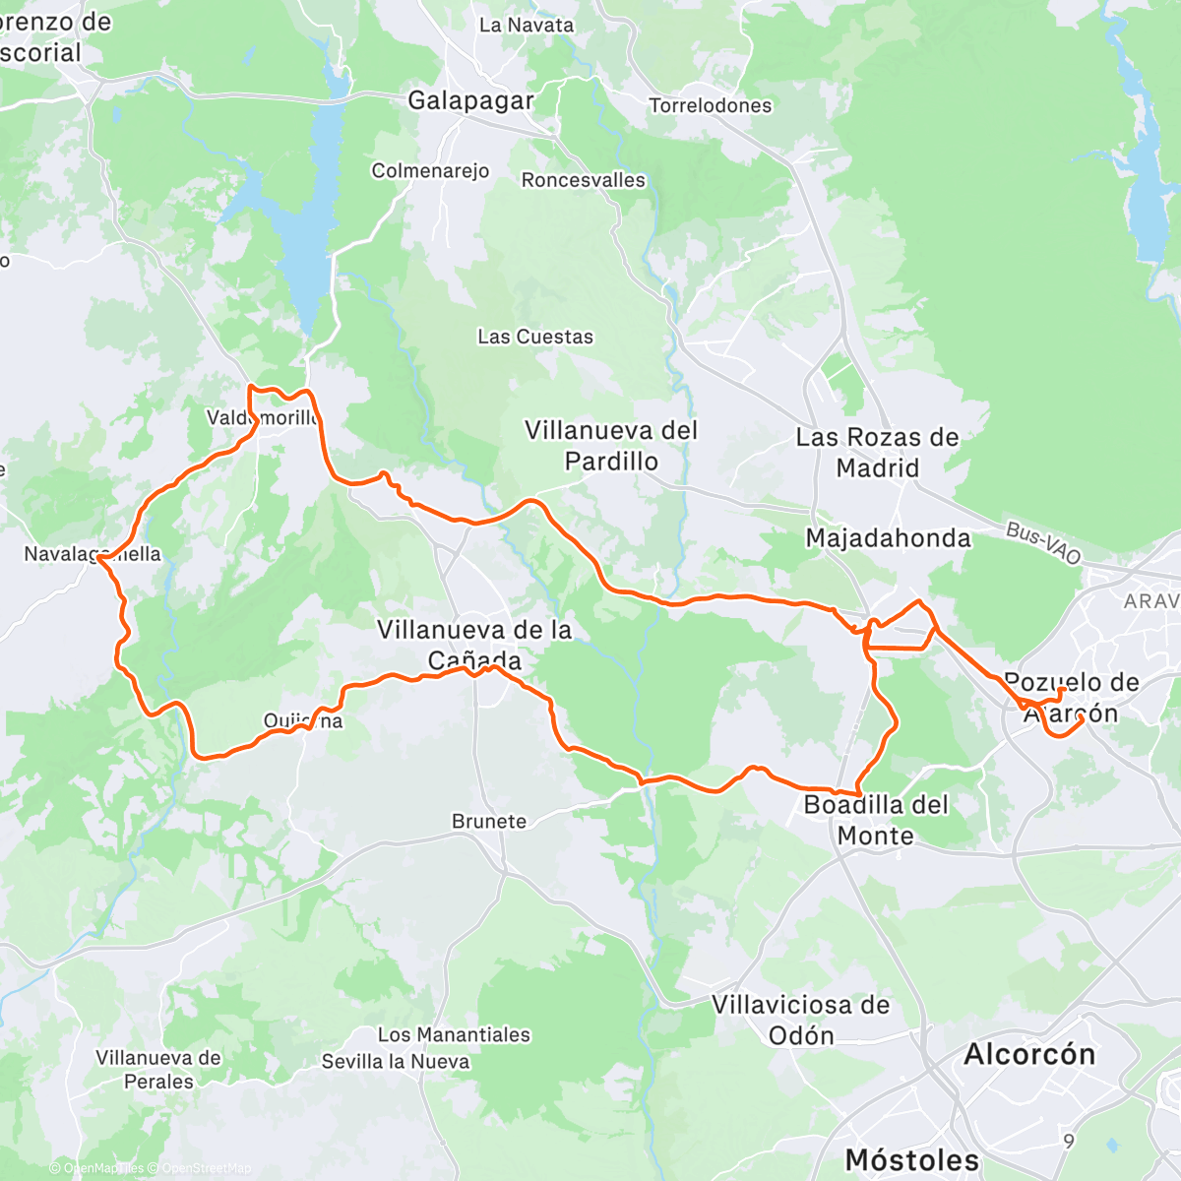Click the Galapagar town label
pyautogui.click(x=470, y=100)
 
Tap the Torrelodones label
pyautogui.click(x=710, y=105)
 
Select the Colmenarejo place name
pyautogui.click(x=430, y=171)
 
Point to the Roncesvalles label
pyautogui.click(x=583, y=180)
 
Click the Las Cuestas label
pyautogui.click(x=535, y=337)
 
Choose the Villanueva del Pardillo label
pyautogui.click(x=611, y=446)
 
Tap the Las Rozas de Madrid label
pyautogui.click(x=877, y=453)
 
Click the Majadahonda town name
pyautogui.click(x=888, y=538)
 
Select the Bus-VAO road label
pyautogui.click(x=1043, y=544)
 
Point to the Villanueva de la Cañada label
pyautogui.click(x=474, y=644)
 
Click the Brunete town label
pyautogui.click(x=489, y=821)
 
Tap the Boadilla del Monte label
pyautogui.click(x=876, y=820)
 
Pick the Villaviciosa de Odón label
pyautogui.click(x=800, y=1020)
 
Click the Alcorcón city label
pyautogui.click(x=1029, y=1054)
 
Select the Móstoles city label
pyautogui.click(x=912, y=1159)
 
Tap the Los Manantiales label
pyautogui.click(x=454, y=1034)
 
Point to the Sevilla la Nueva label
pyautogui.click(x=395, y=1062)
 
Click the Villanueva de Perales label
pyautogui.click(x=158, y=1070)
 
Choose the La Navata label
pyautogui.click(x=526, y=25)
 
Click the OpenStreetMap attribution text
pyautogui.click(x=206, y=1168)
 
